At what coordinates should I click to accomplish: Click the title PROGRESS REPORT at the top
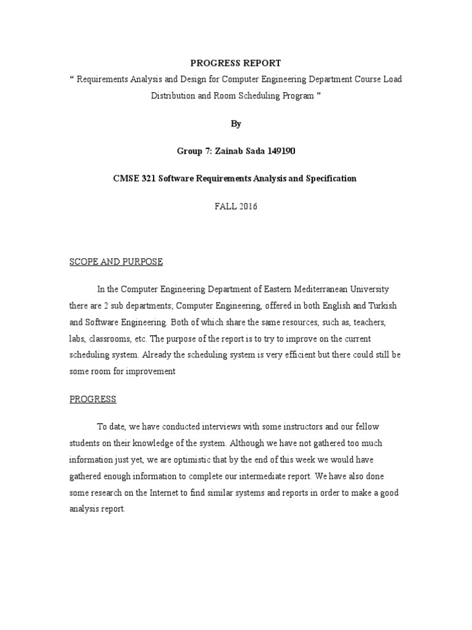236,63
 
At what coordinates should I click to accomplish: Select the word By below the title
236,124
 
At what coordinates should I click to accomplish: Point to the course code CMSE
127,178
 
